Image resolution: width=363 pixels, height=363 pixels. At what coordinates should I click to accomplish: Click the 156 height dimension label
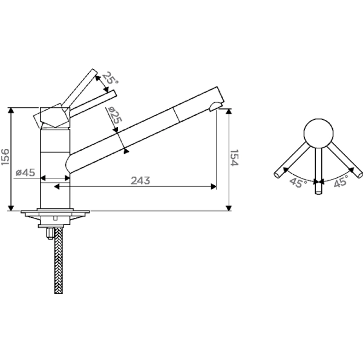(x=5, y=157)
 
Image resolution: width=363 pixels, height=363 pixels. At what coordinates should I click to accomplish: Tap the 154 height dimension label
(x=234, y=158)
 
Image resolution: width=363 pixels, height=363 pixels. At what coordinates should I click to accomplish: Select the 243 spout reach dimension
(x=140, y=180)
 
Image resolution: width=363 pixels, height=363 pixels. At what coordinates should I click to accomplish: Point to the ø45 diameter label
(x=25, y=172)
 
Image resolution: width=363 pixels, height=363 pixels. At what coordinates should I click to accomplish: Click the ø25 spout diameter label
(x=114, y=115)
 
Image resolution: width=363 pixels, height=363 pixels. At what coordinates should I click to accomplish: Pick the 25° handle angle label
(x=110, y=78)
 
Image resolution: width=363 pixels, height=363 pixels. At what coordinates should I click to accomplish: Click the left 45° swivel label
(x=298, y=183)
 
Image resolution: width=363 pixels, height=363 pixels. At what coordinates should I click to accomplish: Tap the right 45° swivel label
(x=341, y=181)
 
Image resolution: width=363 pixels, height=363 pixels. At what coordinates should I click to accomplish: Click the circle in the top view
(x=318, y=134)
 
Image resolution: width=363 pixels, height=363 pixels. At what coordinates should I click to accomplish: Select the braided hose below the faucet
(x=59, y=260)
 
